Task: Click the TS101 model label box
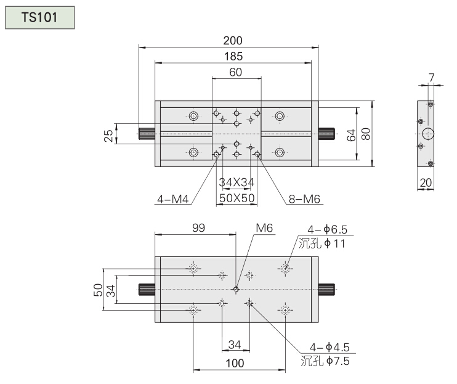pos(39,17)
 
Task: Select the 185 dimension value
pos(233,56)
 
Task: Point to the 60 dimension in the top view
pos(235,72)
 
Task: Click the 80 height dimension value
pos(366,134)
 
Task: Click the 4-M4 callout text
pos(172,199)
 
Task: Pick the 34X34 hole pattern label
pos(237,182)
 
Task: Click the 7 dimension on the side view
pos(431,78)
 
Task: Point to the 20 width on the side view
pos(426,182)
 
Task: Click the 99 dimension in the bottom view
pos(198,227)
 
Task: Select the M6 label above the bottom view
pos(264,227)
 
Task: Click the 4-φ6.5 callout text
pos(328,230)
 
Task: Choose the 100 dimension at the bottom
pos(235,363)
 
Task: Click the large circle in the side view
pos(429,133)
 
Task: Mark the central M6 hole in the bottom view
pos(236,288)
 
